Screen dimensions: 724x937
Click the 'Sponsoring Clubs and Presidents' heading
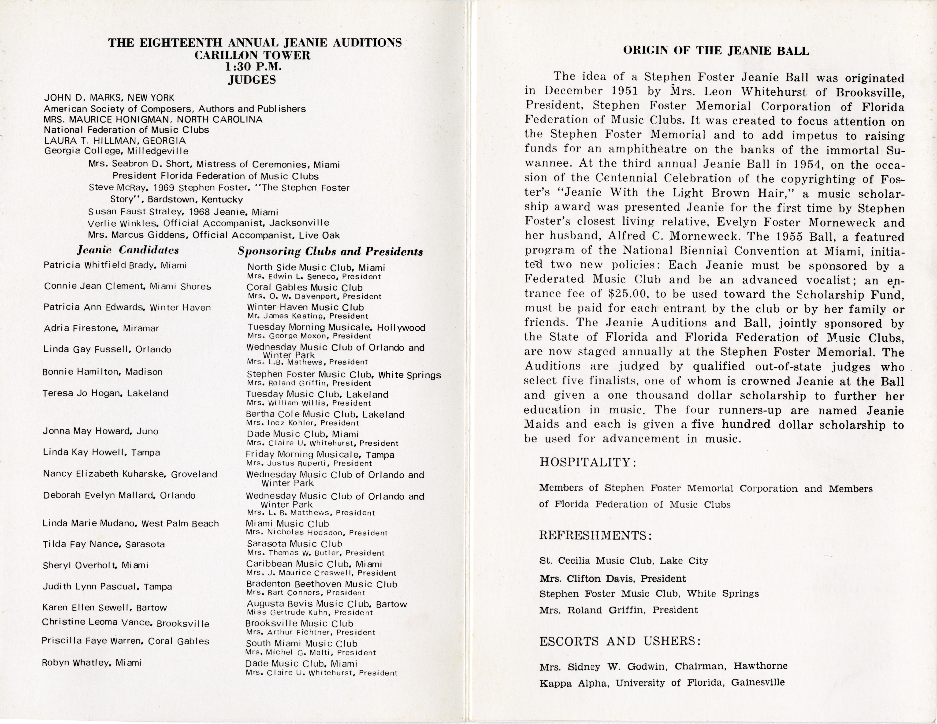(x=330, y=251)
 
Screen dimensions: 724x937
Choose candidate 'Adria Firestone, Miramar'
(x=101, y=328)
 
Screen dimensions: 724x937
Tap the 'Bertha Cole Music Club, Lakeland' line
(x=325, y=414)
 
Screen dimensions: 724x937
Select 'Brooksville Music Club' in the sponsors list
(x=299, y=623)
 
